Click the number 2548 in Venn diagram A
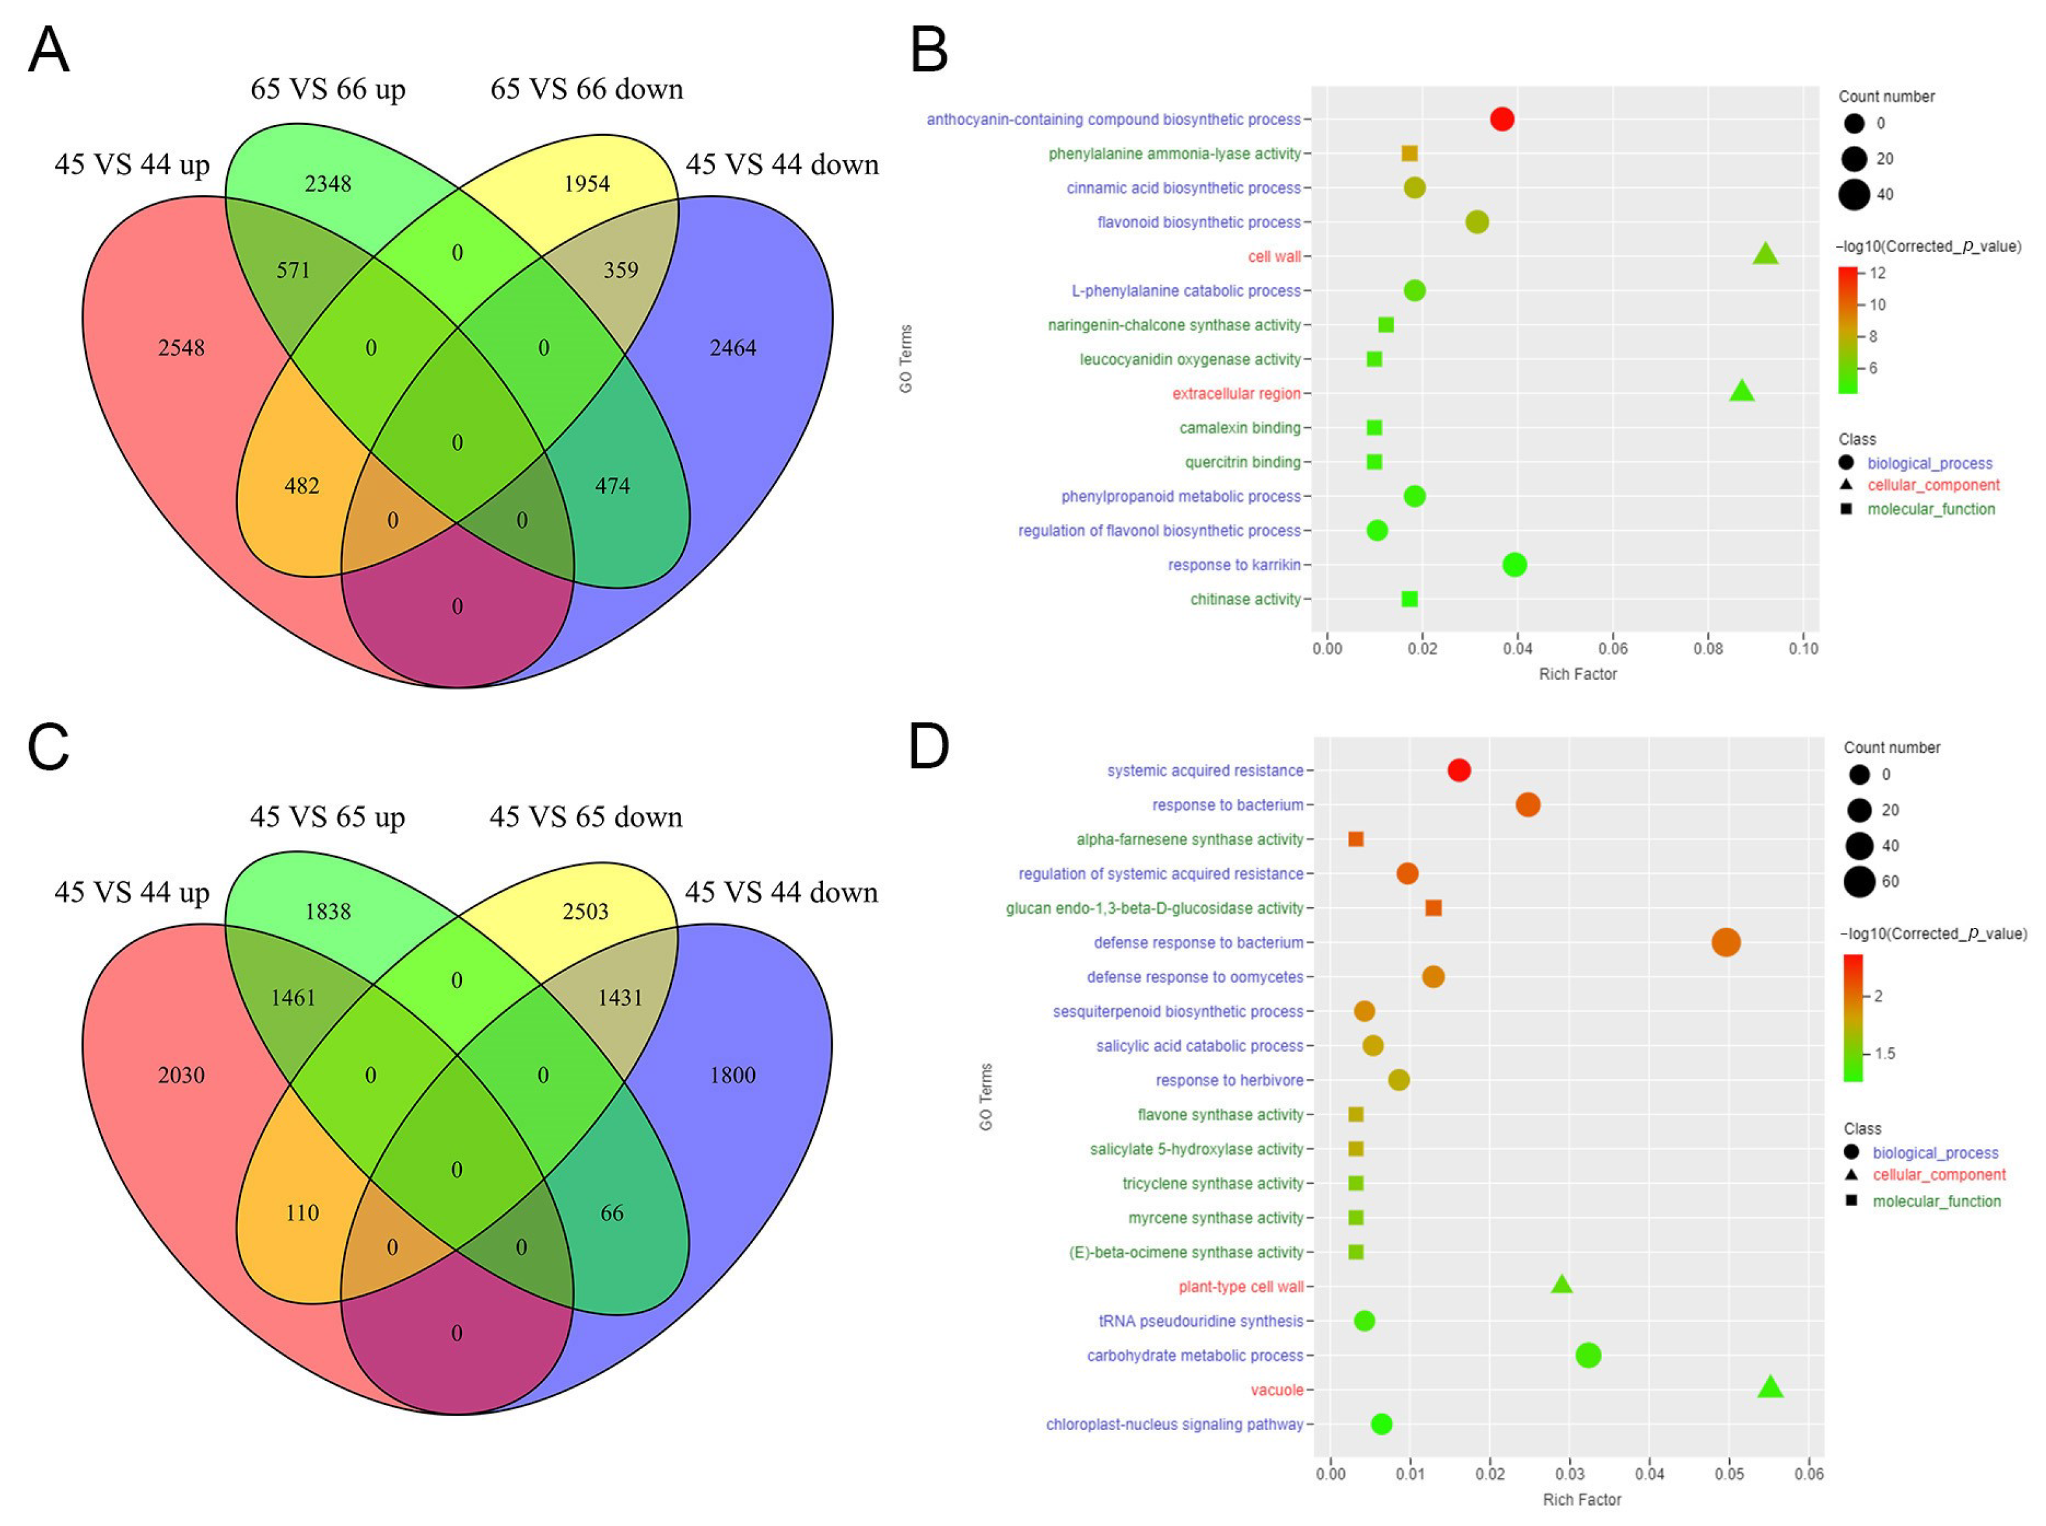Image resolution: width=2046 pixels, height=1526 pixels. (181, 348)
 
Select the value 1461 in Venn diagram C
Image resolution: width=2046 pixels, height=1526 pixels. (293, 998)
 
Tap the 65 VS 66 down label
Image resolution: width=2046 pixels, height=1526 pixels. (587, 89)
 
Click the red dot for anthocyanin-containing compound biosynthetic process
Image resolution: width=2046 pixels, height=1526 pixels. (1502, 119)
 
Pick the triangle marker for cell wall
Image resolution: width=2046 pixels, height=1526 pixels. (1765, 254)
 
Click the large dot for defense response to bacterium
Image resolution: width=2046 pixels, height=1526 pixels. (1725, 942)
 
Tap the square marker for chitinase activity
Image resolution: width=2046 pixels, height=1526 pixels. (1410, 599)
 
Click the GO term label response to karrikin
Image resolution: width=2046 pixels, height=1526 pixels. (1233, 564)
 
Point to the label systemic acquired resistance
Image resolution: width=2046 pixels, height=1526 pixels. (1205, 770)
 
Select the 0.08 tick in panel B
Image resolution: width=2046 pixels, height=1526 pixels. (1708, 649)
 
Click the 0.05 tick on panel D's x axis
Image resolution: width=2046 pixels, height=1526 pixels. (1729, 1474)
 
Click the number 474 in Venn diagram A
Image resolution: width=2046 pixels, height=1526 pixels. (612, 486)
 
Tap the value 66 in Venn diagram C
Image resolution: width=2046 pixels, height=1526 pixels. (612, 1213)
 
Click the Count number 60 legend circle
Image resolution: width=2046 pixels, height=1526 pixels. (1859, 881)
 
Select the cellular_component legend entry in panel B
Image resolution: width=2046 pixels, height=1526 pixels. (1933, 485)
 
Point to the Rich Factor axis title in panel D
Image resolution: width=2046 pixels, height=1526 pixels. (1581, 1499)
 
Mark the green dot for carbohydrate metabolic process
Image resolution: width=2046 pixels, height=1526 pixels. (1588, 1355)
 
